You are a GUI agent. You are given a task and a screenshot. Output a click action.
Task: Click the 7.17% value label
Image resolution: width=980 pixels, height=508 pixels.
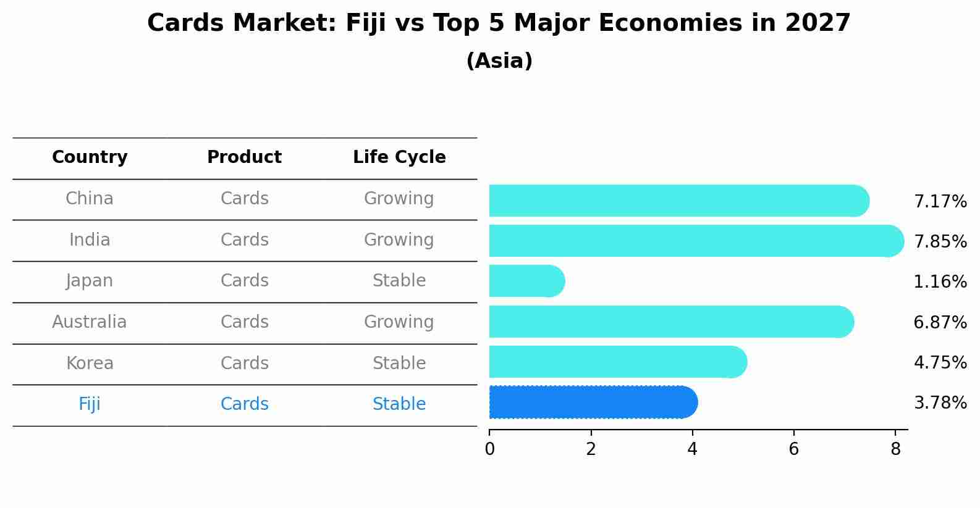point(940,202)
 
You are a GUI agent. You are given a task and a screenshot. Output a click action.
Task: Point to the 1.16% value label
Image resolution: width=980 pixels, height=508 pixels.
point(940,282)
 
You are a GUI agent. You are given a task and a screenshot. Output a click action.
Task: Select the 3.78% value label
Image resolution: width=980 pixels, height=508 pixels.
point(940,403)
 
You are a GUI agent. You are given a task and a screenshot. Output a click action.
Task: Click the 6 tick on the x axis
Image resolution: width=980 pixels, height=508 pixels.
point(794,449)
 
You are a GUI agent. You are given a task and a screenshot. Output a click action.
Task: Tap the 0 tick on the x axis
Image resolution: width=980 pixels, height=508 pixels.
point(490,449)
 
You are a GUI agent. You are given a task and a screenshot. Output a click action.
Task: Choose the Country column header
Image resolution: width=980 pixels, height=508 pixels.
point(90,157)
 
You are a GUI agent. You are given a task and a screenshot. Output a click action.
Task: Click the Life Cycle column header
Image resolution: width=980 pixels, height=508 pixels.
point(399,157)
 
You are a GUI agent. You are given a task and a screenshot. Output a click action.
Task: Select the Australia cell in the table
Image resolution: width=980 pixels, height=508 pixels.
point(90,322)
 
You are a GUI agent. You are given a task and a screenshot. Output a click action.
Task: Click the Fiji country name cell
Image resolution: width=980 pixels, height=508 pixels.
point(90,404)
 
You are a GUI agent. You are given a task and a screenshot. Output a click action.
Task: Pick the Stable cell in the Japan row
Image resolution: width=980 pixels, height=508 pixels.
point(399,281)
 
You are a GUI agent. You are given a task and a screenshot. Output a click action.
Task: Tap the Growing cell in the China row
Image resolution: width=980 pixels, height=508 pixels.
point(399,199)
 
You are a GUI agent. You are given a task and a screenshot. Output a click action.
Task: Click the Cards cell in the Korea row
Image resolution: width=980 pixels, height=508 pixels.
point(245,363)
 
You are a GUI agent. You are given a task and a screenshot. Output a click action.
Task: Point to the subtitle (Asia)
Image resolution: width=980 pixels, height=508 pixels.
point(499,61)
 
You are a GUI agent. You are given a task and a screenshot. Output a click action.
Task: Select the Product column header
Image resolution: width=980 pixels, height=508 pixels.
point(245,157)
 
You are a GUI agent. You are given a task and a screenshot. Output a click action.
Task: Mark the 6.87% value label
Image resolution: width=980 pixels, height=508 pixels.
point(940,322)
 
